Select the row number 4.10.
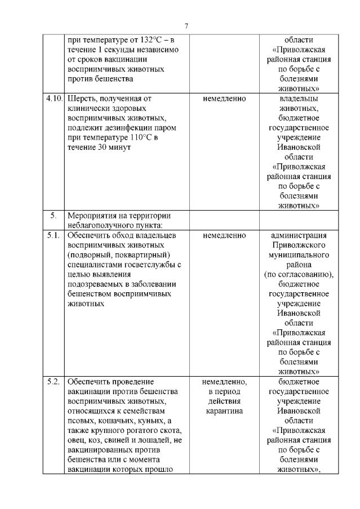[54, 99]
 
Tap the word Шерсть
[81, 99]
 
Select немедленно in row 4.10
[224, 99]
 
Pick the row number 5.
[54, 216]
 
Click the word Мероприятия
[94, 216]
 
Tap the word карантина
[224, 411]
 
